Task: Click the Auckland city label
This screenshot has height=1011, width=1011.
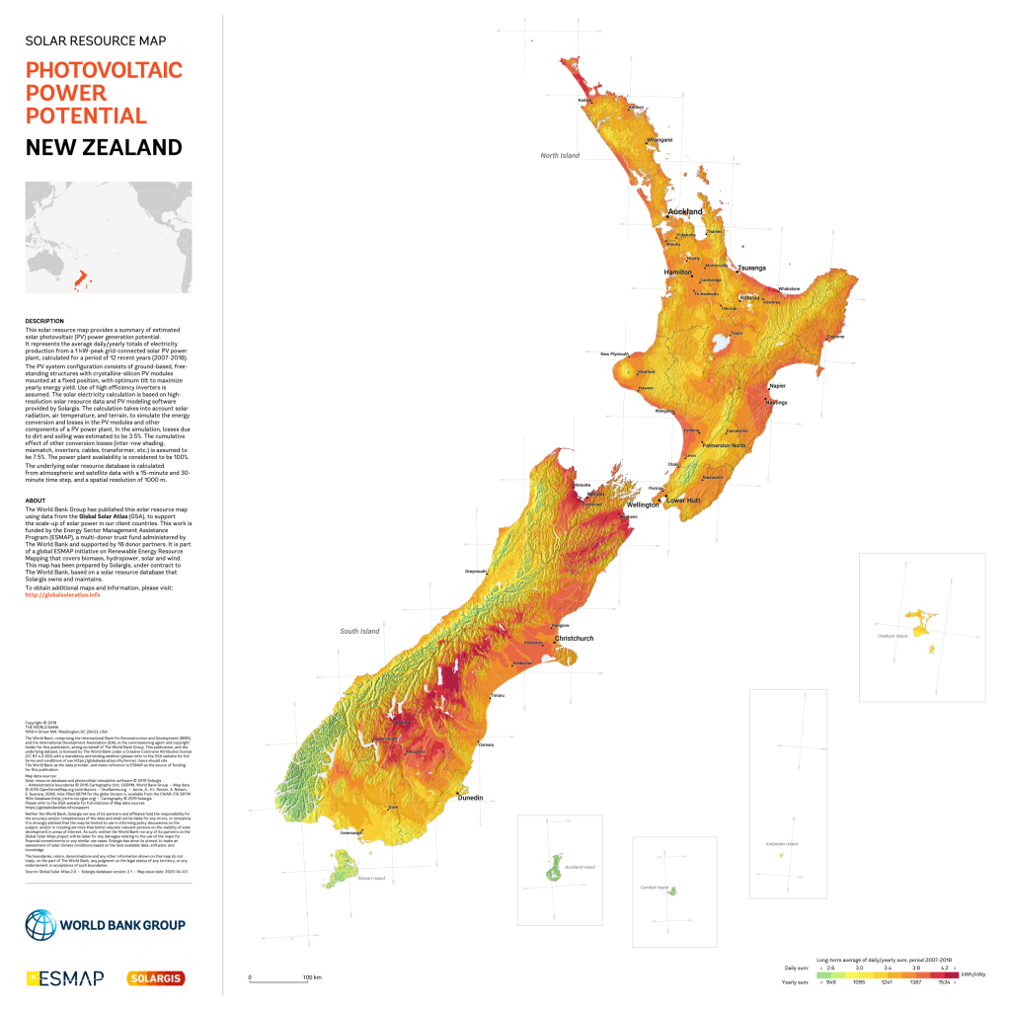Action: [685, 212]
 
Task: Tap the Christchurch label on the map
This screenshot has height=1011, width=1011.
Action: [574, 639]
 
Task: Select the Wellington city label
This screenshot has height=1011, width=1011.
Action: [642, 505]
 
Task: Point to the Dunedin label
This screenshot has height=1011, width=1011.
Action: [471, 797]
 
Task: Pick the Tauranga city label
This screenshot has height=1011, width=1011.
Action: [751, 269]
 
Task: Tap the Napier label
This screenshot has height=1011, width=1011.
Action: [777, 386]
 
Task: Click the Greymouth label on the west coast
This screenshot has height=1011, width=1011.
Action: [477, 571]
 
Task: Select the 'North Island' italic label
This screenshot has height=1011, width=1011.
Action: [560, 156]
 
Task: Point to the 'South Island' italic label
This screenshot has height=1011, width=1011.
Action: [360, 631]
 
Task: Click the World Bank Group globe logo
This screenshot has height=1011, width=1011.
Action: [41, 925]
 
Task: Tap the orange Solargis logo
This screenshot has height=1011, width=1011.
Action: [156, 977]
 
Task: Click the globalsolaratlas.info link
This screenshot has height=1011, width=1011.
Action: [62, 594]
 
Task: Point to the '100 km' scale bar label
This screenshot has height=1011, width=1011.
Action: [312, 977]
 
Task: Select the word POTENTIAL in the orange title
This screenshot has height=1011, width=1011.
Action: [86, 116]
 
